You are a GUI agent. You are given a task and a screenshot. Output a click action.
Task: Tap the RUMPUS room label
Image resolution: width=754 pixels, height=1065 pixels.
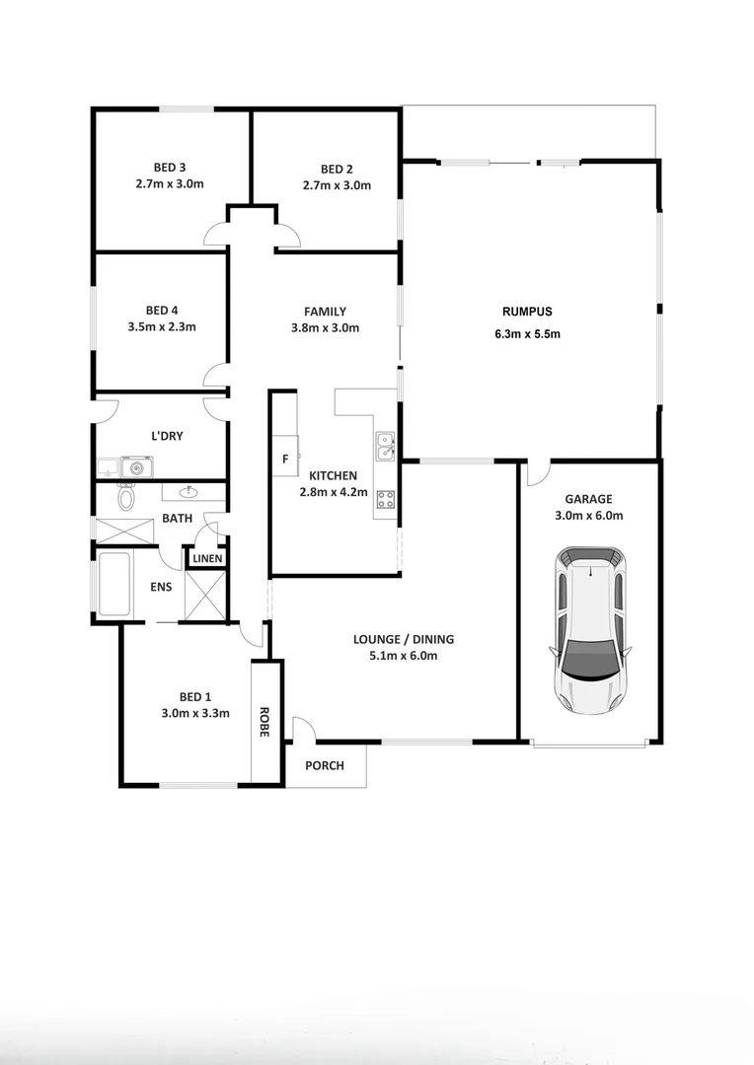pos(527,312)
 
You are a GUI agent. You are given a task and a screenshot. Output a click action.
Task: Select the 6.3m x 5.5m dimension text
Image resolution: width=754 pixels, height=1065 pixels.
pos(527,333)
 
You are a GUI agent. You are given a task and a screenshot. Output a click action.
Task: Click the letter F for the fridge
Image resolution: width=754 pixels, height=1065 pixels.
pos(286,459)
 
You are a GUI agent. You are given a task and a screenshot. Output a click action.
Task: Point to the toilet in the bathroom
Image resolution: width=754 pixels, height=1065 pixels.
pos(126,497)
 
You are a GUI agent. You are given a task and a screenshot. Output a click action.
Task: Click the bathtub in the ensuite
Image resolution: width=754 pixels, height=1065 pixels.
pos(114,584)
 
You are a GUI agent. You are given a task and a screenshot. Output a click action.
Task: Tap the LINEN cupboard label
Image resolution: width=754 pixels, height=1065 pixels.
pos(207,559)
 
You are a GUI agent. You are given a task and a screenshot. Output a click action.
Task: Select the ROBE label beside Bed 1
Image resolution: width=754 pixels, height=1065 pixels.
pos(264,721)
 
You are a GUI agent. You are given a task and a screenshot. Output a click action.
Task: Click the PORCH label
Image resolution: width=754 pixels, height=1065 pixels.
pos(325,765)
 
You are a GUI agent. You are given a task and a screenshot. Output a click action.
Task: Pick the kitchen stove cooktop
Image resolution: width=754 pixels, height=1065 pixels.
pos(386,500)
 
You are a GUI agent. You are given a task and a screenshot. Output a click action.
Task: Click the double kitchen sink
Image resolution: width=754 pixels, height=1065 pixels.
pos(385,448)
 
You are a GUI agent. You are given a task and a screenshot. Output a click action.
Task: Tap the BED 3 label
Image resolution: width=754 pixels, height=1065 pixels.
pos(170,167)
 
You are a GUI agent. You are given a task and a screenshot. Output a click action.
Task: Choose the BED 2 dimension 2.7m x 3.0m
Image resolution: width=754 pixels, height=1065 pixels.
pos(337,185)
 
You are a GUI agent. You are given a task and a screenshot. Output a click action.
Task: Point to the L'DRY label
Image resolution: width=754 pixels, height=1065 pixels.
pos(166,435)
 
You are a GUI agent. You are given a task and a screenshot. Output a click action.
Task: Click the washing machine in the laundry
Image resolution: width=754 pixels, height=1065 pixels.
pos(136,466)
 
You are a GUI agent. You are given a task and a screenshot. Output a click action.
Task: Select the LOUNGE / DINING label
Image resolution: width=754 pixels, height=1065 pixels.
pos(404,639)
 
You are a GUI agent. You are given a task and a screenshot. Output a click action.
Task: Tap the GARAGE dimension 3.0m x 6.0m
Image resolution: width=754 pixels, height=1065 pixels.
pos(589,515)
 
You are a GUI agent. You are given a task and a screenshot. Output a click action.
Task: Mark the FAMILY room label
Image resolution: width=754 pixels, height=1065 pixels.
pos(325,312)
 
